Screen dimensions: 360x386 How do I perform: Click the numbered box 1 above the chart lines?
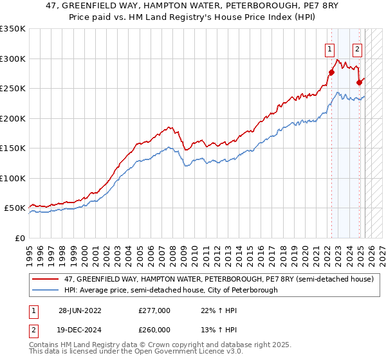(x=329, y=48)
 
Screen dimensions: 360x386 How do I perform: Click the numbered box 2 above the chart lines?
(x=357, y=48)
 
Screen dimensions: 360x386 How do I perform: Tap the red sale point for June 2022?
(x=332, y=73)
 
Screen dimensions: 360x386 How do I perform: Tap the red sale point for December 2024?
(x=360, y=82)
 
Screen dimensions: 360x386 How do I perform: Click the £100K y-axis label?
(x=12, y=178)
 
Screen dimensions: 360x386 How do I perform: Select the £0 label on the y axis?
(x=20, y=238)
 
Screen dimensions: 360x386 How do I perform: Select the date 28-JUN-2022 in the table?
(x=79, y=310)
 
